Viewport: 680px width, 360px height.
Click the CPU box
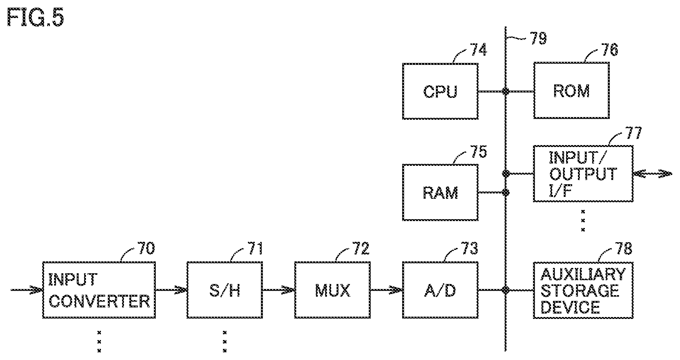point(440,91)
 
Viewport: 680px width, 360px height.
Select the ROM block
point(571,91)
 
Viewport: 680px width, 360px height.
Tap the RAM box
point(440,192)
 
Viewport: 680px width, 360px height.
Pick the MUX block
point(332,290)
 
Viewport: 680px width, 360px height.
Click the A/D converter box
point(440,290)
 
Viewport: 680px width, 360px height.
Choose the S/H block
point(225,290)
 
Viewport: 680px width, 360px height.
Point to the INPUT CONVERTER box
point(99,290)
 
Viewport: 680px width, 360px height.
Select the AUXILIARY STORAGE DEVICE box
point(583,290)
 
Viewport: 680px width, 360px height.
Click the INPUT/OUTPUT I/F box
point(583,173)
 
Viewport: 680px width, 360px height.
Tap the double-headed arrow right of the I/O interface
point(652,174)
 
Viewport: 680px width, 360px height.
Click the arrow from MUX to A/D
point(386,290)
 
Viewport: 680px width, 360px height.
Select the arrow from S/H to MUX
point(279,290)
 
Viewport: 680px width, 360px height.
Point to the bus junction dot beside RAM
point(506,192)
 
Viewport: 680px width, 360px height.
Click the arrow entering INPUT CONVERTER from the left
point(26,290)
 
